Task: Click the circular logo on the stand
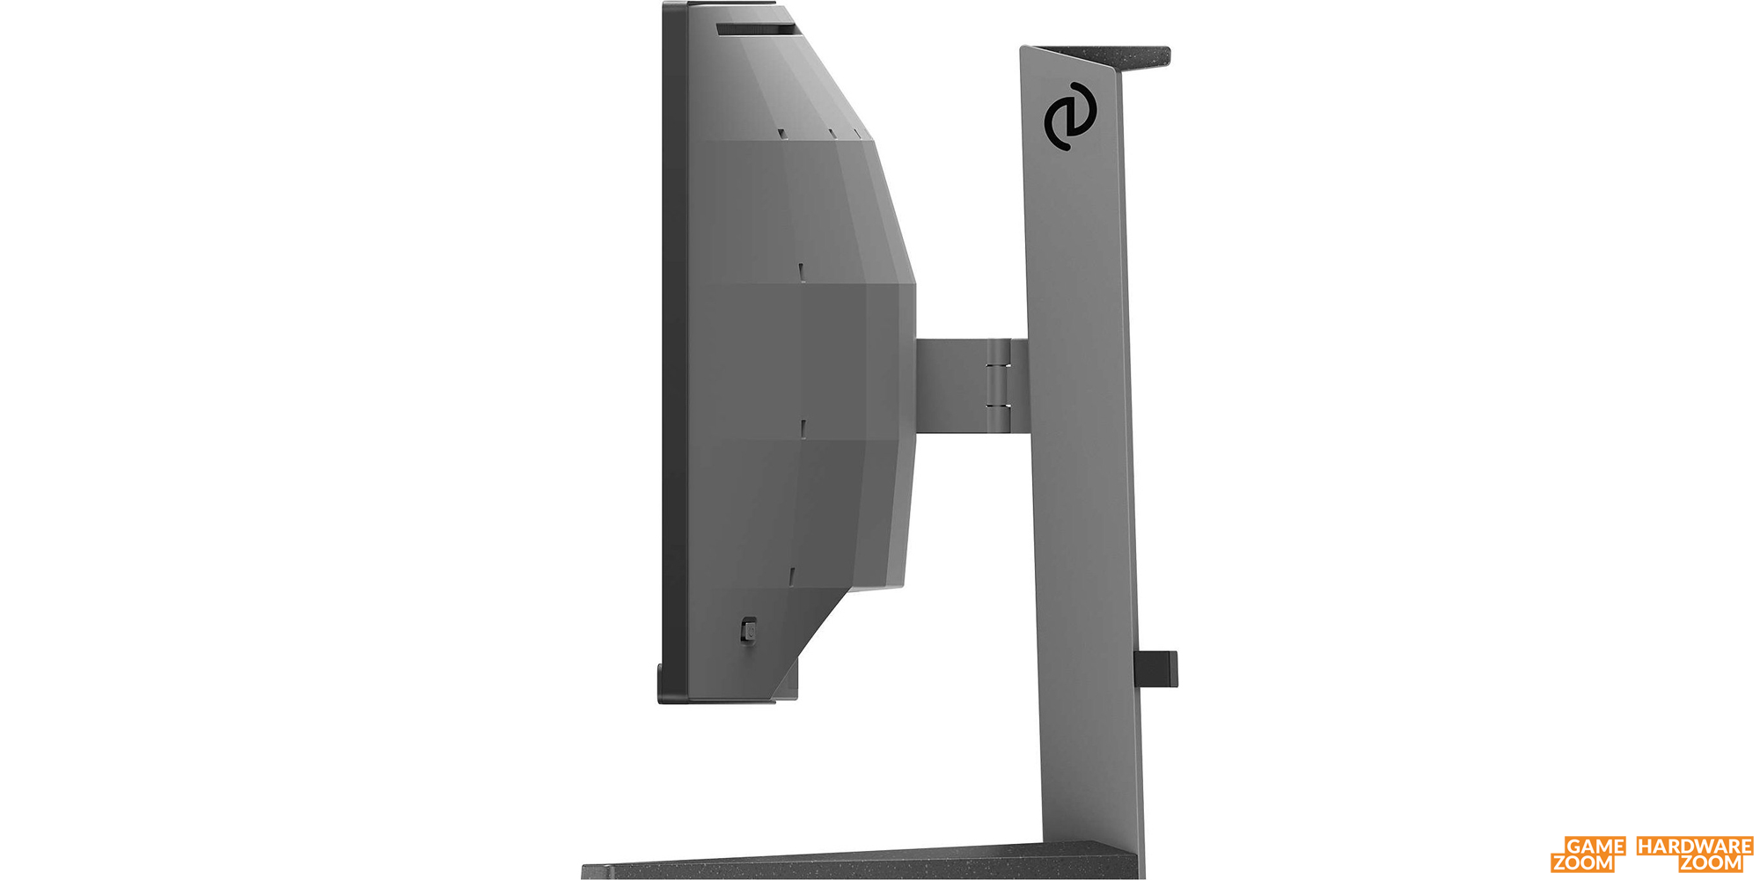[1070, 116]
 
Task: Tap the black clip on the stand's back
[1156, 668]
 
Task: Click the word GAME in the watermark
[1595, 847]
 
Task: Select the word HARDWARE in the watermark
[1694, 847]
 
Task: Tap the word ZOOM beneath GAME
[1583, 863]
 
